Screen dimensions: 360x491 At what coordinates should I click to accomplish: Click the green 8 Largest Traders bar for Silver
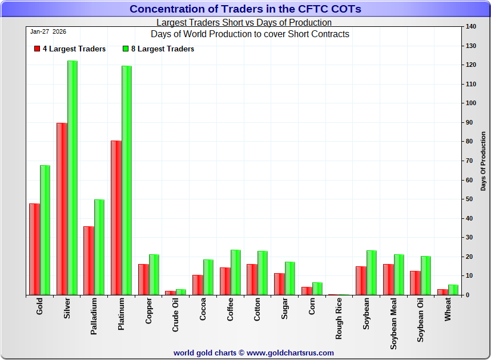(x=73, y=178)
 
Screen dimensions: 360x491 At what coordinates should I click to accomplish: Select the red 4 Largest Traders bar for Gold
(x=35, y=249)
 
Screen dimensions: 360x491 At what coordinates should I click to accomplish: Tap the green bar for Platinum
(x=127, y=181)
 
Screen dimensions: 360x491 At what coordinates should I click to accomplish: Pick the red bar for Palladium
(x=89, y=261)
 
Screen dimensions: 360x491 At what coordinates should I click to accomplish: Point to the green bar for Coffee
(x=236, y=273)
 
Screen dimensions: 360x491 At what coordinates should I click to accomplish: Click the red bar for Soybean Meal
(x=388, y=279)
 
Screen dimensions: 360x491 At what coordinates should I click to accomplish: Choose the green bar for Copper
(x=154, y=275)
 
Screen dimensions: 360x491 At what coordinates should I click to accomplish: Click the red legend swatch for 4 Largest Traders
(x=37, y=49)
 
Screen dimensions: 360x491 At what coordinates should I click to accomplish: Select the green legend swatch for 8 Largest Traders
(x=126, y=49)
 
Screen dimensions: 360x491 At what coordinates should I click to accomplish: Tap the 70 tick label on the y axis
(x=469, y=161)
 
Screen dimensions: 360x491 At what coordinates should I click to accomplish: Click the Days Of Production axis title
(x=483, y=161)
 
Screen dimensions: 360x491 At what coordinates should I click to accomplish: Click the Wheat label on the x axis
(x=448, y=309)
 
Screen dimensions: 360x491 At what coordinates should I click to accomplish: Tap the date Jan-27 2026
(x=49, y=31)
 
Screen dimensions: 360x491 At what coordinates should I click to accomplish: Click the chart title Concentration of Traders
(x=246, y=9)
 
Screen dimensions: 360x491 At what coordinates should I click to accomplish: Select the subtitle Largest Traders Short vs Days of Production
(x=244, y=23)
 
